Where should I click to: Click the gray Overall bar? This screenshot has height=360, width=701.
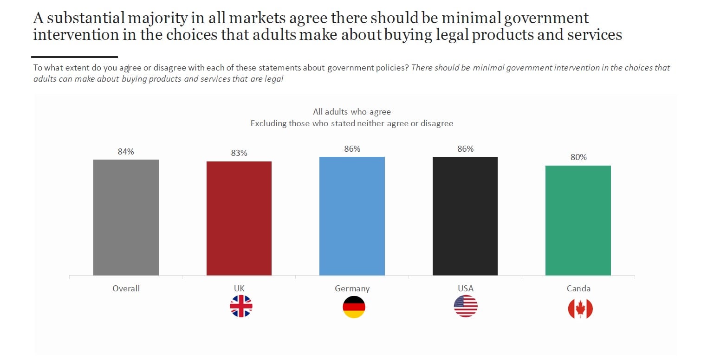[x=126, y=218]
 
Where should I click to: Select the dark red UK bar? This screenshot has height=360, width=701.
[x=239, y=219]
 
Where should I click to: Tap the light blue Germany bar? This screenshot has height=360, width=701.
[x=352, y=216]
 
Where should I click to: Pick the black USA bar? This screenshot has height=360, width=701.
[x=465, y=216]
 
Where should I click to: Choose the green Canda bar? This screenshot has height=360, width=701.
[x=578, y=220]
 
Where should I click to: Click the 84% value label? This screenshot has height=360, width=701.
[x=126, y=152]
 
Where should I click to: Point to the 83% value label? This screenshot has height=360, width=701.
[x=239, y=153]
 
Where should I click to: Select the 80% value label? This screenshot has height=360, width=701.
[x=578, y=157]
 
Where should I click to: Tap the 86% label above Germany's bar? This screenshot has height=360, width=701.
[x=352, y=149]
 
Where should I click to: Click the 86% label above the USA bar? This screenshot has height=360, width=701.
[x=465, y=149]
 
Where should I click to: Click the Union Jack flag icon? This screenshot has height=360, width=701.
[x=241, y=307]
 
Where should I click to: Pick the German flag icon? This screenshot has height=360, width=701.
[x=354, y=307]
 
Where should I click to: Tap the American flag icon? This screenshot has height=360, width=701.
[x=466, y=307]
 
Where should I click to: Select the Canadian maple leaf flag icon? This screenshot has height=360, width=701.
[x=580, y=309]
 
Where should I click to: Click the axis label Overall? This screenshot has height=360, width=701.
[x=126, y=289]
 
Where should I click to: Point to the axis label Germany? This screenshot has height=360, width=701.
[x=352, y=289]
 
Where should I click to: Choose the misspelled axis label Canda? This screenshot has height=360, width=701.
[x=578, y=289]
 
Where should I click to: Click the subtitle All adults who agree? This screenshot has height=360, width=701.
[x=352, y=112]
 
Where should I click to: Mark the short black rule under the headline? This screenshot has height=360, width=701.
[x=75, y=57]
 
